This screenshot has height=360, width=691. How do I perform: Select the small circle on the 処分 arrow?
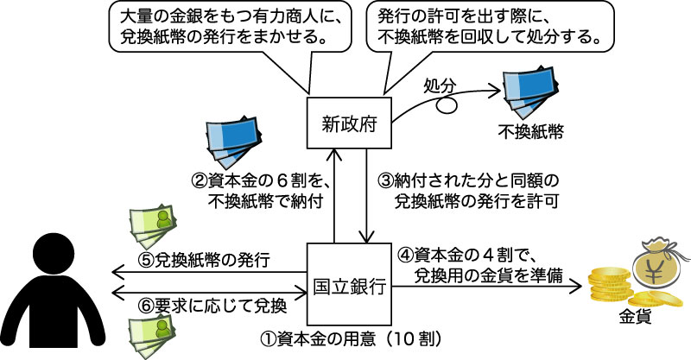tap(446, 107)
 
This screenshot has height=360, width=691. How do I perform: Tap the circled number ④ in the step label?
tap(403, 256)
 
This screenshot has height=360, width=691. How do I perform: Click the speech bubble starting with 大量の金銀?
tap(224, 28)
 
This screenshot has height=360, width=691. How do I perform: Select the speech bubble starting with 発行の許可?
tap(484, 28)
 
